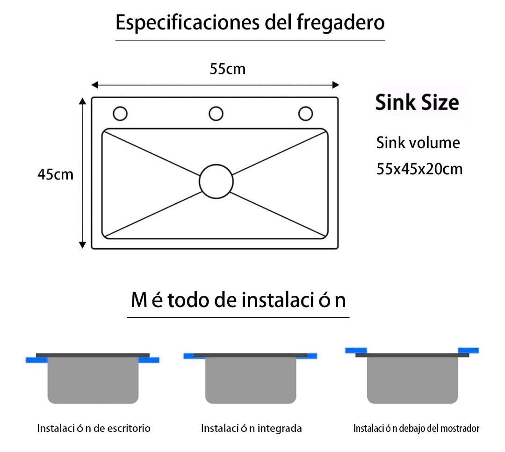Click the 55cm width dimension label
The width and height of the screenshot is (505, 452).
(228, 69)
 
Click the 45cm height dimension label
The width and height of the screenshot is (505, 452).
(55, 174)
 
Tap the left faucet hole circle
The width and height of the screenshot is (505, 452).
(120, 107)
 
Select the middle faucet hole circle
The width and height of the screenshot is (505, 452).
(216, 107)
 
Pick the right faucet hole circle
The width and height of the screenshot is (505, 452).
(305, 107)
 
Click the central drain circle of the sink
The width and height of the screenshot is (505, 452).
(216, 165)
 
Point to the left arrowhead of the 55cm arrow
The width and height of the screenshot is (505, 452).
(94, 85)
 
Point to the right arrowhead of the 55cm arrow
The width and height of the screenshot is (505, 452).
(336, 85)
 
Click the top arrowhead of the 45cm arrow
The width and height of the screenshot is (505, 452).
(82, 101)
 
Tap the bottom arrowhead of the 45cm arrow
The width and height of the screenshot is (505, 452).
(82, 245)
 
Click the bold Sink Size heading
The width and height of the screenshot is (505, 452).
(417, 102)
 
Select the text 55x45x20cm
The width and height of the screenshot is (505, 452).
(419, 169)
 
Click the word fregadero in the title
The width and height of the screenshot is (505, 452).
(340, 23)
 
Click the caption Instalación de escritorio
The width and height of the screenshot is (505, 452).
(94, 428)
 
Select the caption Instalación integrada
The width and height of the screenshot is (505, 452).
(251, 428)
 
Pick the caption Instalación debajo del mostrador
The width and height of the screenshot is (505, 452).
(416, 428)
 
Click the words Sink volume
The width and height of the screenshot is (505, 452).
(418, 143)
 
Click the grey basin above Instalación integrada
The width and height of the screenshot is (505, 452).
(251, 380)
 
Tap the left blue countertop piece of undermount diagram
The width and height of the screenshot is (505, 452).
(356, 350)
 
